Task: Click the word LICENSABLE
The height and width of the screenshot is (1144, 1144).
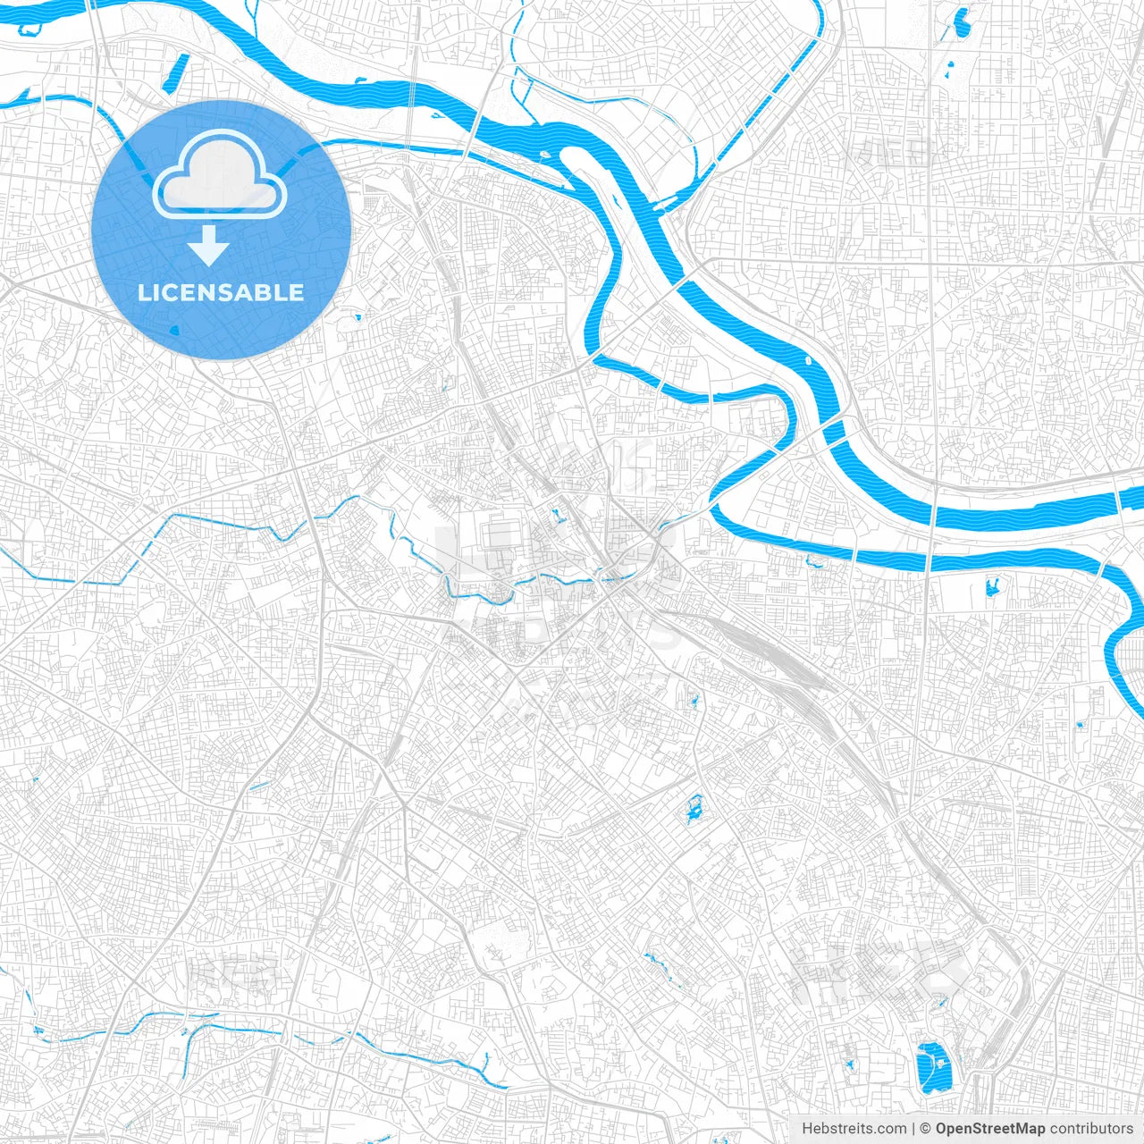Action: [221, 292]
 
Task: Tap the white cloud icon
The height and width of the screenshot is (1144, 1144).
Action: [220, 175]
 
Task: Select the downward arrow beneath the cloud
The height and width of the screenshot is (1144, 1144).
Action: [209, 245]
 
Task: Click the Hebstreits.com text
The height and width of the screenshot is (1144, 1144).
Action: [854, 1129]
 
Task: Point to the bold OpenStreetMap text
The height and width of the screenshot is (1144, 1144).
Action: [990, 1129]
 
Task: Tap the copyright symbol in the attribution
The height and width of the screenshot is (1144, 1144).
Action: [926, 1129]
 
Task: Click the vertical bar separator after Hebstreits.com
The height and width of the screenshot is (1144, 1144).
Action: [913, 1129]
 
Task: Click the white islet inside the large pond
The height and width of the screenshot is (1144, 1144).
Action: [939, 1062]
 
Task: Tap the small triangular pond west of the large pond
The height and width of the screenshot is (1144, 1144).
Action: [849, 1065]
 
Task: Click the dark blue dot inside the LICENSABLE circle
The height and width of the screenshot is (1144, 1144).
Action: [174, 329]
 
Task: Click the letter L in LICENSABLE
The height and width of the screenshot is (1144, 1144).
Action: [143, 292]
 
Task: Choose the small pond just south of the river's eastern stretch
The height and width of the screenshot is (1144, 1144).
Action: [990, 587]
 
